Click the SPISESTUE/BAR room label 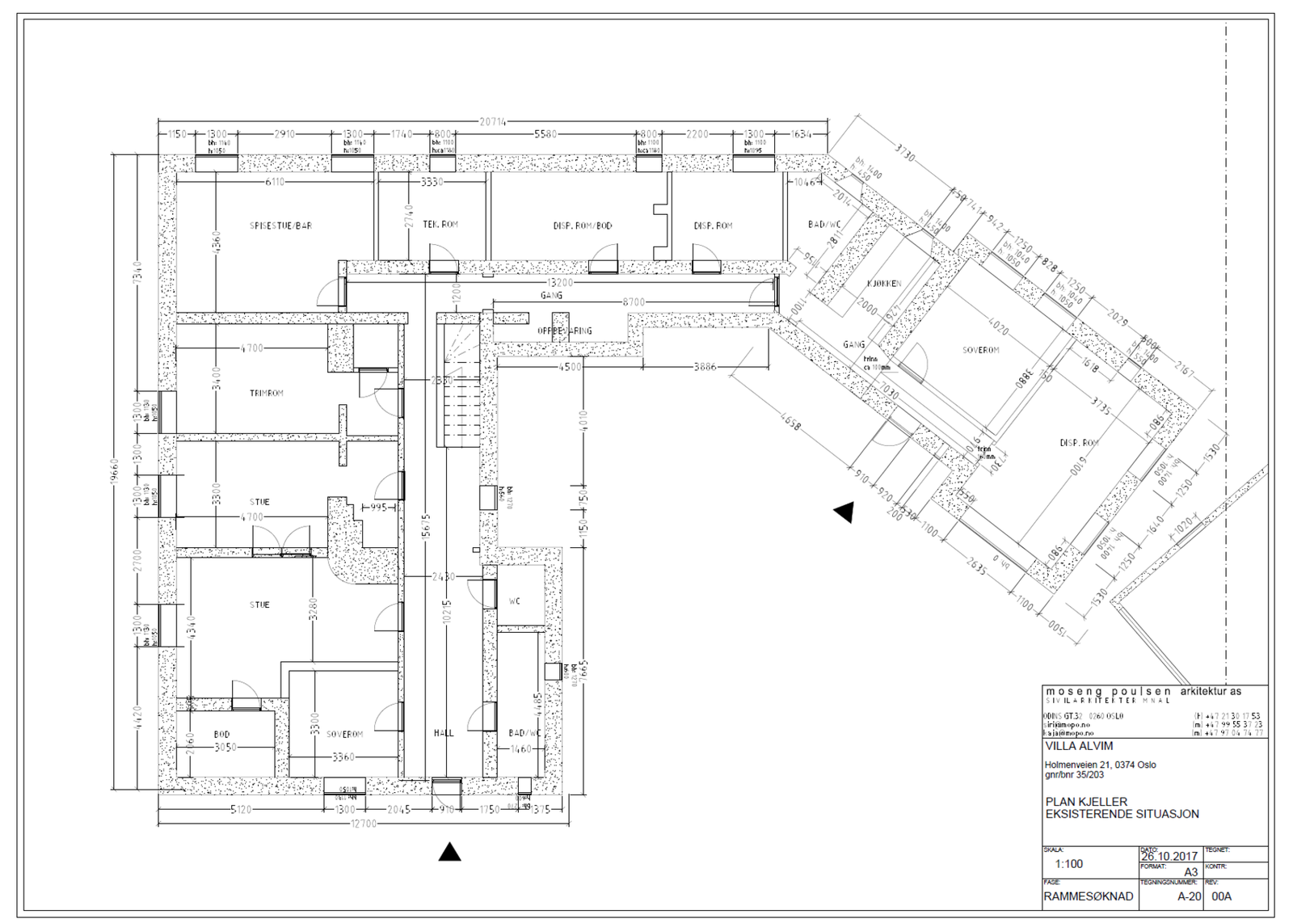tap(280, 225)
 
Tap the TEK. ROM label tap(440, 224)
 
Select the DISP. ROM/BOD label tap(582, 225)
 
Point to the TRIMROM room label tap(267, 394)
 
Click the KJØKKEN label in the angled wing tap(884, 284)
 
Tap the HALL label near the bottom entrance tap(444, 733)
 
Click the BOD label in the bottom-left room tap(221, 734)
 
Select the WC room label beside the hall tap(515, 601)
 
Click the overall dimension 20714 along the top tap(493, 122)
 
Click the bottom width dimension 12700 tap(364, 824)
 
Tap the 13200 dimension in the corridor tap(560, 283)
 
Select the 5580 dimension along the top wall tap(545, 134)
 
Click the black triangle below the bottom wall tap(449, 852)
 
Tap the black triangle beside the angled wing tap(844, 512)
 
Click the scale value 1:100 tap(1068, 864)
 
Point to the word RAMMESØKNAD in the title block tap(1088, 896)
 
